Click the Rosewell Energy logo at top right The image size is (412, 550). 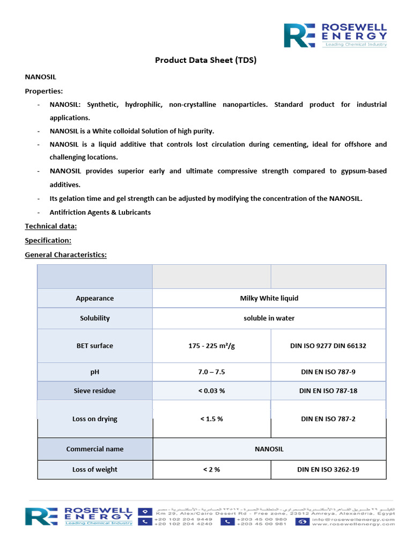click(335, 35)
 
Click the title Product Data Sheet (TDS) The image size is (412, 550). click(206, 60)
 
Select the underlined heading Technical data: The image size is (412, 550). click(51, 226)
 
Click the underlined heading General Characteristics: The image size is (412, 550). click(66, 255)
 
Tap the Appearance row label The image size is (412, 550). click(95, 298)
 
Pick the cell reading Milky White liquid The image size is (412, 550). click(269, 298)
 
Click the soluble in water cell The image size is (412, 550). click(269, 318)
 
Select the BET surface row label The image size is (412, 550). click(95, 346)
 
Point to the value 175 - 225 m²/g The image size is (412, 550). click(211, 346)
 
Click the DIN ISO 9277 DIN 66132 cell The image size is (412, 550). click(328, 346)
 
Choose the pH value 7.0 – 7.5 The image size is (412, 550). click(211, 371)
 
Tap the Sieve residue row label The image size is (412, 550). click(95, 390)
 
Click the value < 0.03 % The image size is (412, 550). click(211, 390)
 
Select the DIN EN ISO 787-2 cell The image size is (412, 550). click(328, 419)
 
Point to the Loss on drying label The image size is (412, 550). click(95, 419)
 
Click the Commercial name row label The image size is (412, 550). click(95, 449)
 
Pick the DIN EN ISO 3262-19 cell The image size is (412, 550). click(328, 469)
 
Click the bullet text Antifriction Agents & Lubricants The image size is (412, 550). click(100, 212)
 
